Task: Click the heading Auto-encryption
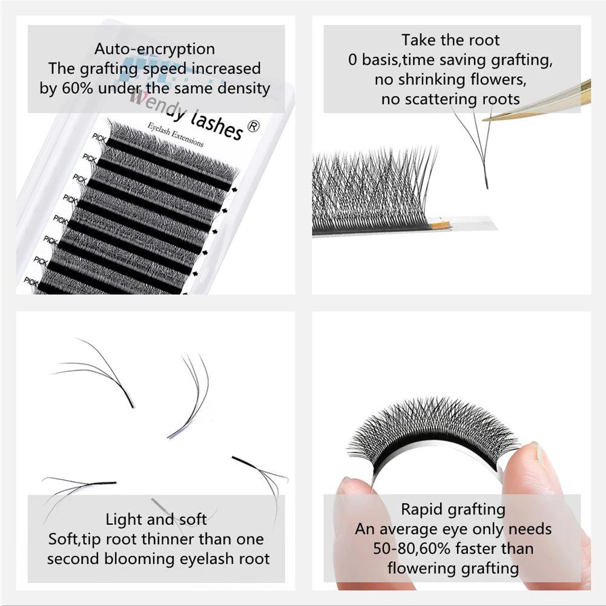[x=155, y=48]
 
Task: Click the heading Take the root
[x=450, y=41]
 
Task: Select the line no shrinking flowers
[x=450, y=79]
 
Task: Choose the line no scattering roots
[x=450, y=99]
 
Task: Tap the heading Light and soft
[x=156, y=519]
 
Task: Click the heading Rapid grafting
[x=453, y=509]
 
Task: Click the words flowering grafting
[x=453, y=567]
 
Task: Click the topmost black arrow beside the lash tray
[x=234, y=189]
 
